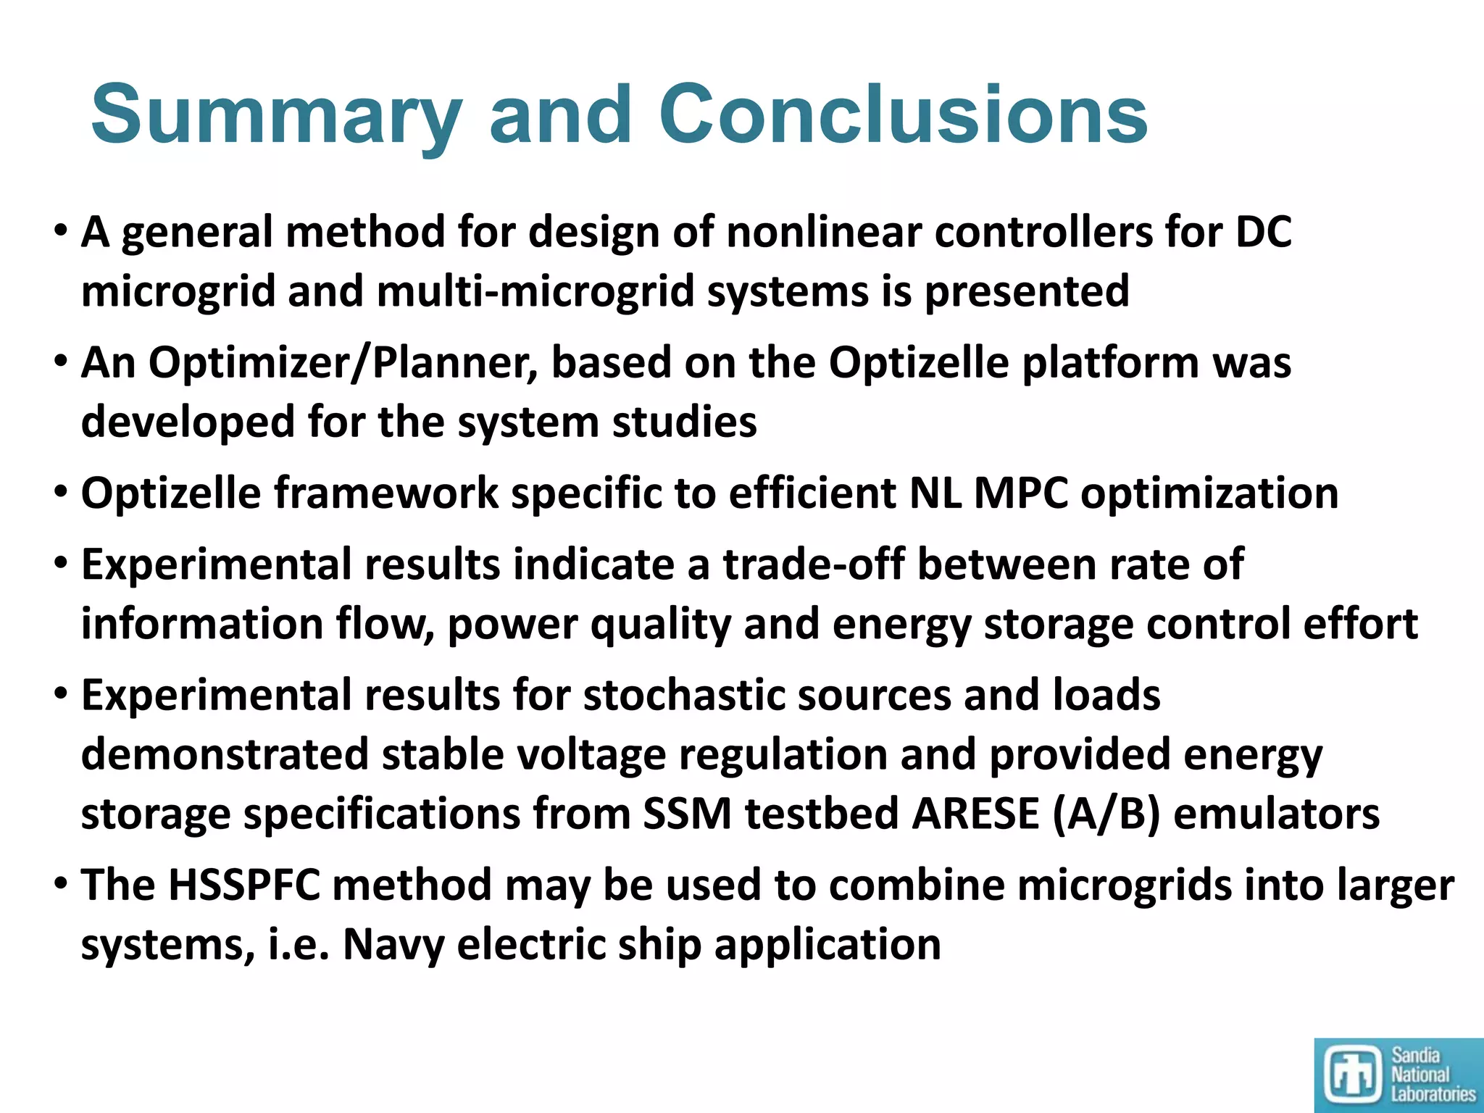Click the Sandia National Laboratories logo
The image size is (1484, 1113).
1398,1075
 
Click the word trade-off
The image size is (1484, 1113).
813,564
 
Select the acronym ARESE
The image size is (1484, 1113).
975,814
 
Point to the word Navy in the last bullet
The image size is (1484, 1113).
392,945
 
